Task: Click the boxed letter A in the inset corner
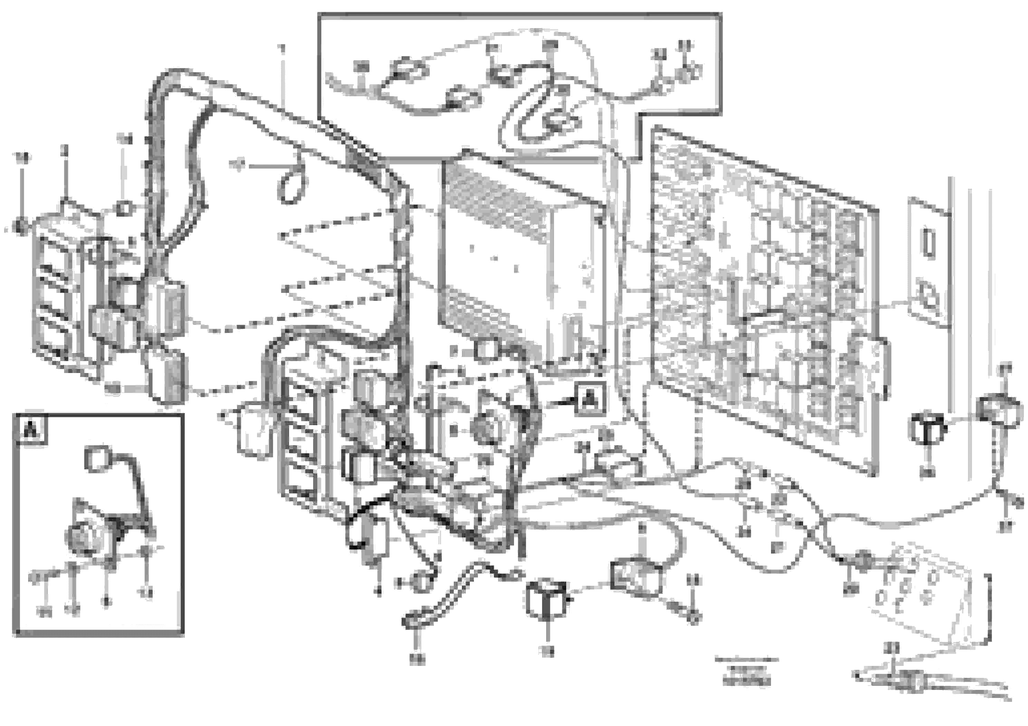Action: coord(30,431)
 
